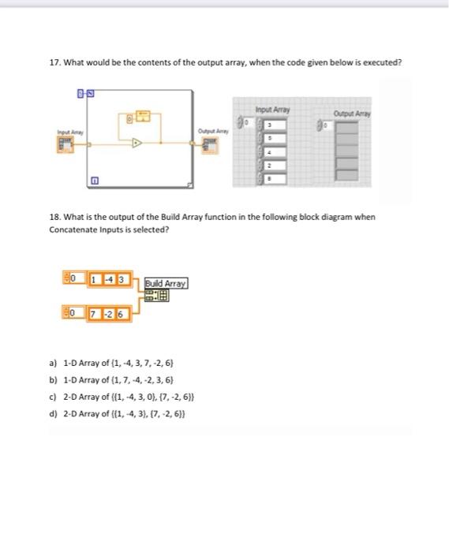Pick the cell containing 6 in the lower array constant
tap(121, 315)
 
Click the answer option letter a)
tap(53, 363)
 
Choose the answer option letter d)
tap(53, 412)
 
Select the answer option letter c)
tap(53, 396)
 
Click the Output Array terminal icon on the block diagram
tap(210, 144)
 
